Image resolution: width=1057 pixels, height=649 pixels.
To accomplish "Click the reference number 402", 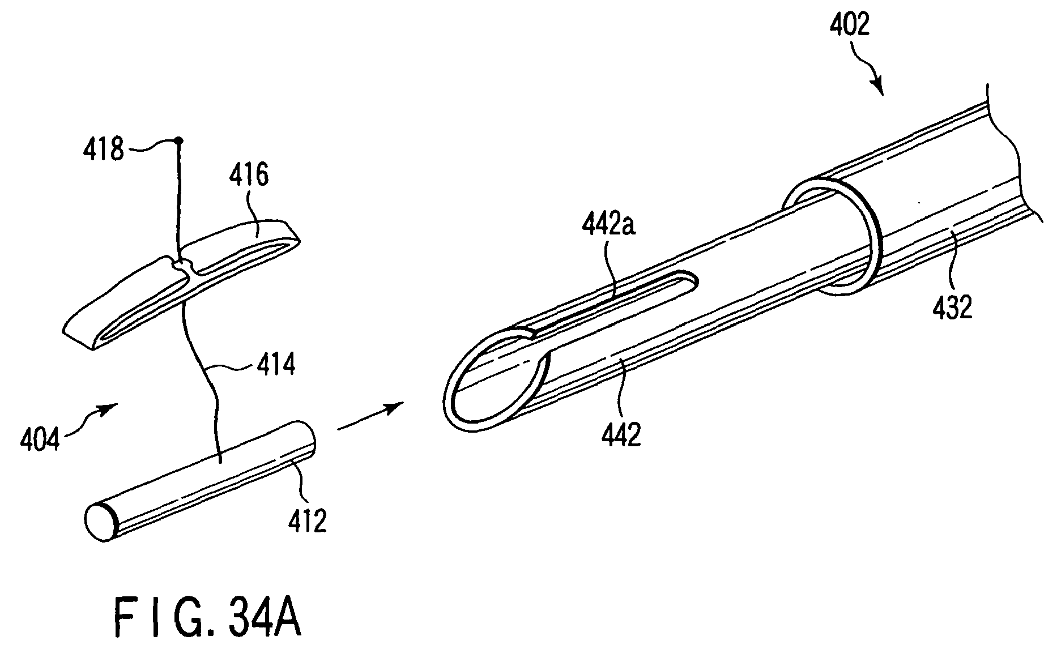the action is point(851,25).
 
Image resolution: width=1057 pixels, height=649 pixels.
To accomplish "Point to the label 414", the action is point(276,365).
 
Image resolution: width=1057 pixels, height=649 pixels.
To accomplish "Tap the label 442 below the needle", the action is point(622,435).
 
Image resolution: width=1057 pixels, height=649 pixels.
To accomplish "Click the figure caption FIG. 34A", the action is point(207,616).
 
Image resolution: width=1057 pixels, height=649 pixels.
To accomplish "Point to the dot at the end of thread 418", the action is point(179,140).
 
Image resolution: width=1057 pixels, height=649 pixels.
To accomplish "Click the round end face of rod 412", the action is point(100,522).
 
